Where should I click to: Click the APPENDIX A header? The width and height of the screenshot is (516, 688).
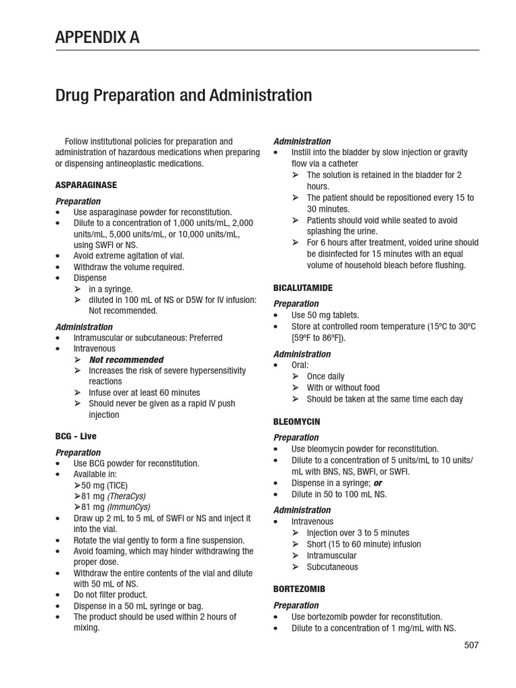(x=97, y=38)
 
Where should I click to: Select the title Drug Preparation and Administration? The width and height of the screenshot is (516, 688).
(x=183, y=95)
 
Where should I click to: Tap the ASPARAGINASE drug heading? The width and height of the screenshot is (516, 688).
(x=86, y=184)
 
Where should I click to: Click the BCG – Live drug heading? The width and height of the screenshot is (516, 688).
(x=76, y=436)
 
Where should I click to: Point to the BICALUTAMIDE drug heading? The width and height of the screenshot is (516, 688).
(x=303, y=288)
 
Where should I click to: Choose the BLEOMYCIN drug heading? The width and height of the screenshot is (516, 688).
(x=296, y=421)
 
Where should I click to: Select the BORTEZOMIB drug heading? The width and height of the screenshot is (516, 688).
(x=299, y=589)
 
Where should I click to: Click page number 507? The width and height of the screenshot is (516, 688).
(x=471, y=645)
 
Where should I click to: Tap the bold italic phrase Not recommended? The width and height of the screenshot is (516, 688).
(x=126, y=360)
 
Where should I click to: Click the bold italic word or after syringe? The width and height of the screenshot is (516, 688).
(x=378, y=483)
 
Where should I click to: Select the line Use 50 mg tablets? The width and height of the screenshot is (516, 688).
(x=325, y=315)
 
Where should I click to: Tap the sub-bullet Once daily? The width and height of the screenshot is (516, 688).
(x=326, y=377)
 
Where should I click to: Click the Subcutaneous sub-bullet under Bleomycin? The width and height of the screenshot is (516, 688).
(x=332, y=567)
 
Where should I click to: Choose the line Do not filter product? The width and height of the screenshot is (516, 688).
(x=110, y=595)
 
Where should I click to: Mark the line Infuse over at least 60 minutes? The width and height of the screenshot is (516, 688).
(x=144, y=392)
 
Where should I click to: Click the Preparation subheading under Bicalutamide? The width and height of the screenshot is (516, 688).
(x=296, y=304)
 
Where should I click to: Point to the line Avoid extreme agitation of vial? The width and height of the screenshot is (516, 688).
(x=128, y=256)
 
